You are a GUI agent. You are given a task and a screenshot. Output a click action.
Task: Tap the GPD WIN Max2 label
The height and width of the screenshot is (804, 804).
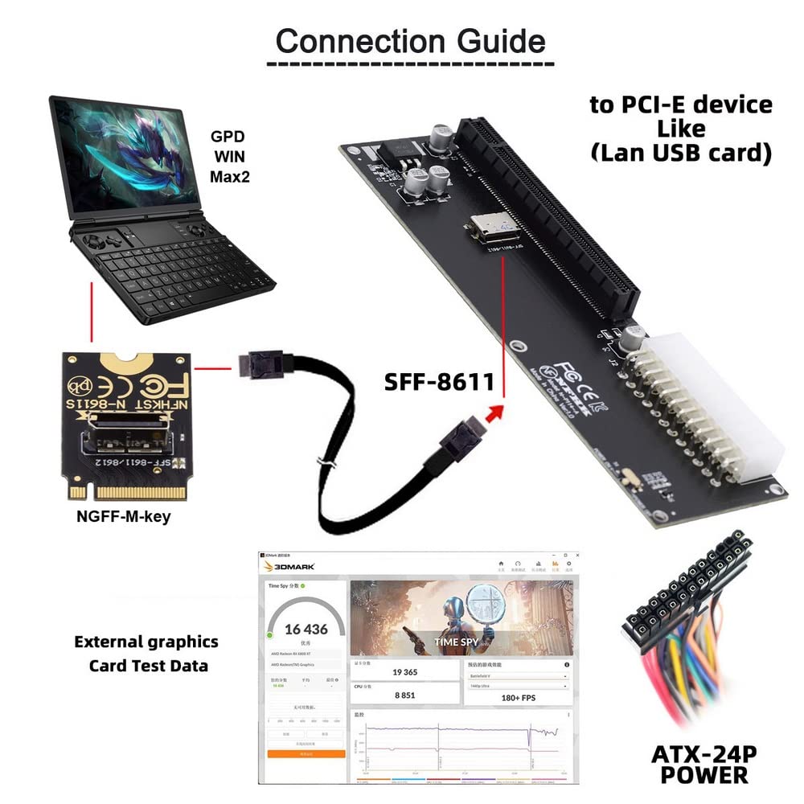pyautogui.click(x=229, y=156)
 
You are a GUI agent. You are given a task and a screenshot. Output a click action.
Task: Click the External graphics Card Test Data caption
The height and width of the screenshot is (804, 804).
pyautogui.click(x=147, y=654)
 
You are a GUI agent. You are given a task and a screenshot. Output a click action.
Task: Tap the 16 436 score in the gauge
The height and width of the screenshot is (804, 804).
pyautogui.click(x=306, y=629)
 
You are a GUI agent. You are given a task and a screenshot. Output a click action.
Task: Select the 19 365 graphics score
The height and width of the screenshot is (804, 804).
pyautogui.click(x=405, y=672)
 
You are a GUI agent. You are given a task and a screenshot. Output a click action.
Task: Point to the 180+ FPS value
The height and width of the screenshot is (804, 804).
pyautogui.click(x=518, y=697)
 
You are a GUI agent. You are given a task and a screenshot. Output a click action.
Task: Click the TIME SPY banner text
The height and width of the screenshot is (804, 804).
pyautogui.click(x=457, y=642)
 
